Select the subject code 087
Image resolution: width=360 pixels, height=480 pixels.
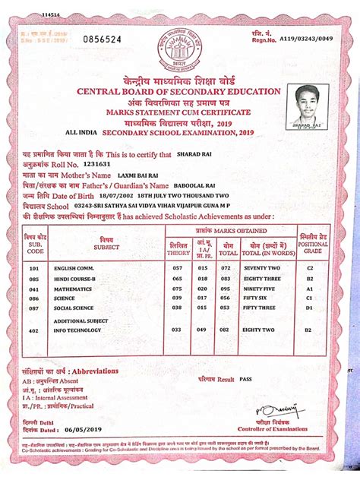33,308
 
